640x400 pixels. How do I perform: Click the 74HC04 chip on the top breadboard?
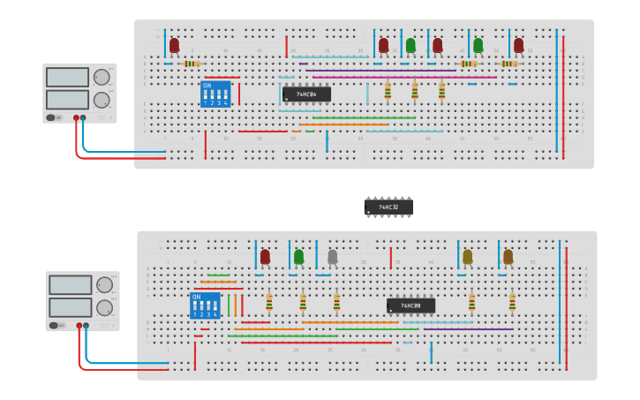[306, 94]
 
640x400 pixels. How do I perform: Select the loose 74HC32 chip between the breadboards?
[388, 208]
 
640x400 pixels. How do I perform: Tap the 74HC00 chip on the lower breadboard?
[410, 306]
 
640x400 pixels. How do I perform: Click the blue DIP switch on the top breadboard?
[215, 94]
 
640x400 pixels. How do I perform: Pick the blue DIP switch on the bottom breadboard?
[205, 306]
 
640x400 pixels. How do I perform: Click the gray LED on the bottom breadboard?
[332, 257]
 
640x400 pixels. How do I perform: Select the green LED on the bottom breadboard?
[298, 257]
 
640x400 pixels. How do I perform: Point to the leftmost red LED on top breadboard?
[174, 45]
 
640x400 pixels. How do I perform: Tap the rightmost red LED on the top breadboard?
[518, 45]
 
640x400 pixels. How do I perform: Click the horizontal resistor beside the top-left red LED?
[192, 64]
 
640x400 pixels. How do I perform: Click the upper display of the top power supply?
[67, 78]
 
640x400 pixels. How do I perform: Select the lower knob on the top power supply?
[102, 100]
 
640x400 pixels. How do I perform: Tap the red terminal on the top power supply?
[77, 117]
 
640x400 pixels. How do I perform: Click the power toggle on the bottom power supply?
[56, 326]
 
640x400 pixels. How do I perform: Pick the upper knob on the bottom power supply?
[105, 285]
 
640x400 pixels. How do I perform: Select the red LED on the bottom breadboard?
[265, 257]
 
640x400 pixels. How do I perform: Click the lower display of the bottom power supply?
[71, 308]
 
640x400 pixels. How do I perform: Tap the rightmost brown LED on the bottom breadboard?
[508, 257]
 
